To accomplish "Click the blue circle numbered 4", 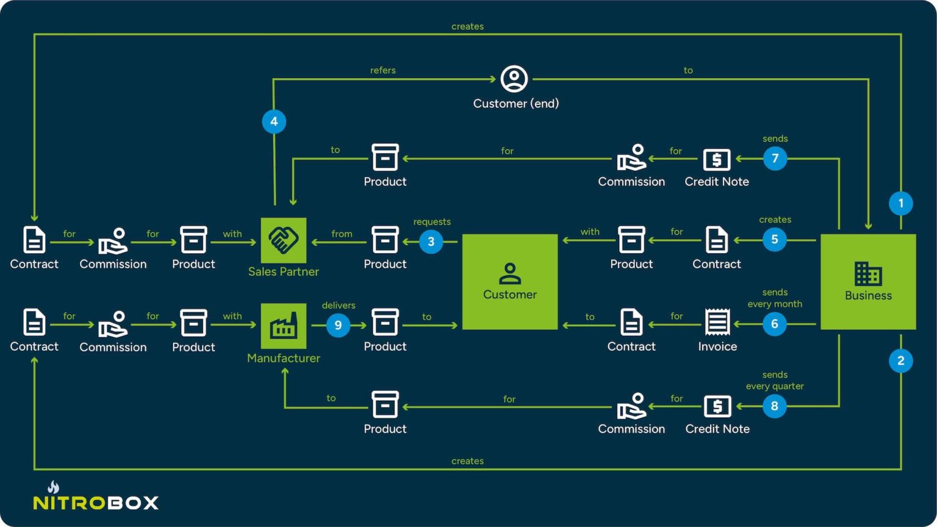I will click(x=274, y=121).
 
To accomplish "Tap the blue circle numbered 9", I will click(x=338, y=325).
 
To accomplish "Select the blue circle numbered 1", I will click(x=900, y=203).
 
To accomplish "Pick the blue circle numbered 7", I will click(x=775, y=159).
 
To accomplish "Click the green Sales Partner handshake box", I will click(x=284, y=240).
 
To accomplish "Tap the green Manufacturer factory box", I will click(x=284, y=326).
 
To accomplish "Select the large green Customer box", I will click(x=509, y=282).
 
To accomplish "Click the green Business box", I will click(x=867, y=282).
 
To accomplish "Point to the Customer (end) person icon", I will click(x=514, y=79).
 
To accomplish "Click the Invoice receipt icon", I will click(x=717, y=322).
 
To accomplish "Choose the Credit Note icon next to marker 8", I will click(x=717, y=406).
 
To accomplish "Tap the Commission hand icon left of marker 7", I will click(x=631, y=158).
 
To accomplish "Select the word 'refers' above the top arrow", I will click(x=382, y=70).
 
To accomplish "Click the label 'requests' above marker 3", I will click(x=432, y=222).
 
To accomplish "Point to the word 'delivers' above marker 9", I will click(x=339, y=306).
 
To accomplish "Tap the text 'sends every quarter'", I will click(x=775, y=381).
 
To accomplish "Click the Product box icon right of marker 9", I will click(x=385, y=323).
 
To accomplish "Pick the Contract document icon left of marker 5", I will click(x=717, y=240).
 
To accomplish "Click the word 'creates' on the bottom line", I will click(x=467, y=461).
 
